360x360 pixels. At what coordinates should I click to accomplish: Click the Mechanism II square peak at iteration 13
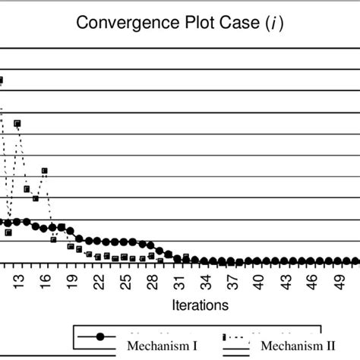coord(17,123)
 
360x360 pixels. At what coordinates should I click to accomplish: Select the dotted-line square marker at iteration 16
coord(45,171)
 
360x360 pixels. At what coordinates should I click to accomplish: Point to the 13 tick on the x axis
coord(18,281)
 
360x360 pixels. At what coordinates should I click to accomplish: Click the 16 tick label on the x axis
coord(45,281)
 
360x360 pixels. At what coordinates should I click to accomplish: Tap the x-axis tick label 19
coord(71,281)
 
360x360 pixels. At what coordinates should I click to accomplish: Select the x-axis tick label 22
coord(98,281)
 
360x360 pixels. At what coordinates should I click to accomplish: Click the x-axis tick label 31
coord(178,281)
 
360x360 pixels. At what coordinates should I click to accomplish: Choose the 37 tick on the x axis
coord(232,281)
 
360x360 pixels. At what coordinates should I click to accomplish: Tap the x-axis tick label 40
coord(258,281)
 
